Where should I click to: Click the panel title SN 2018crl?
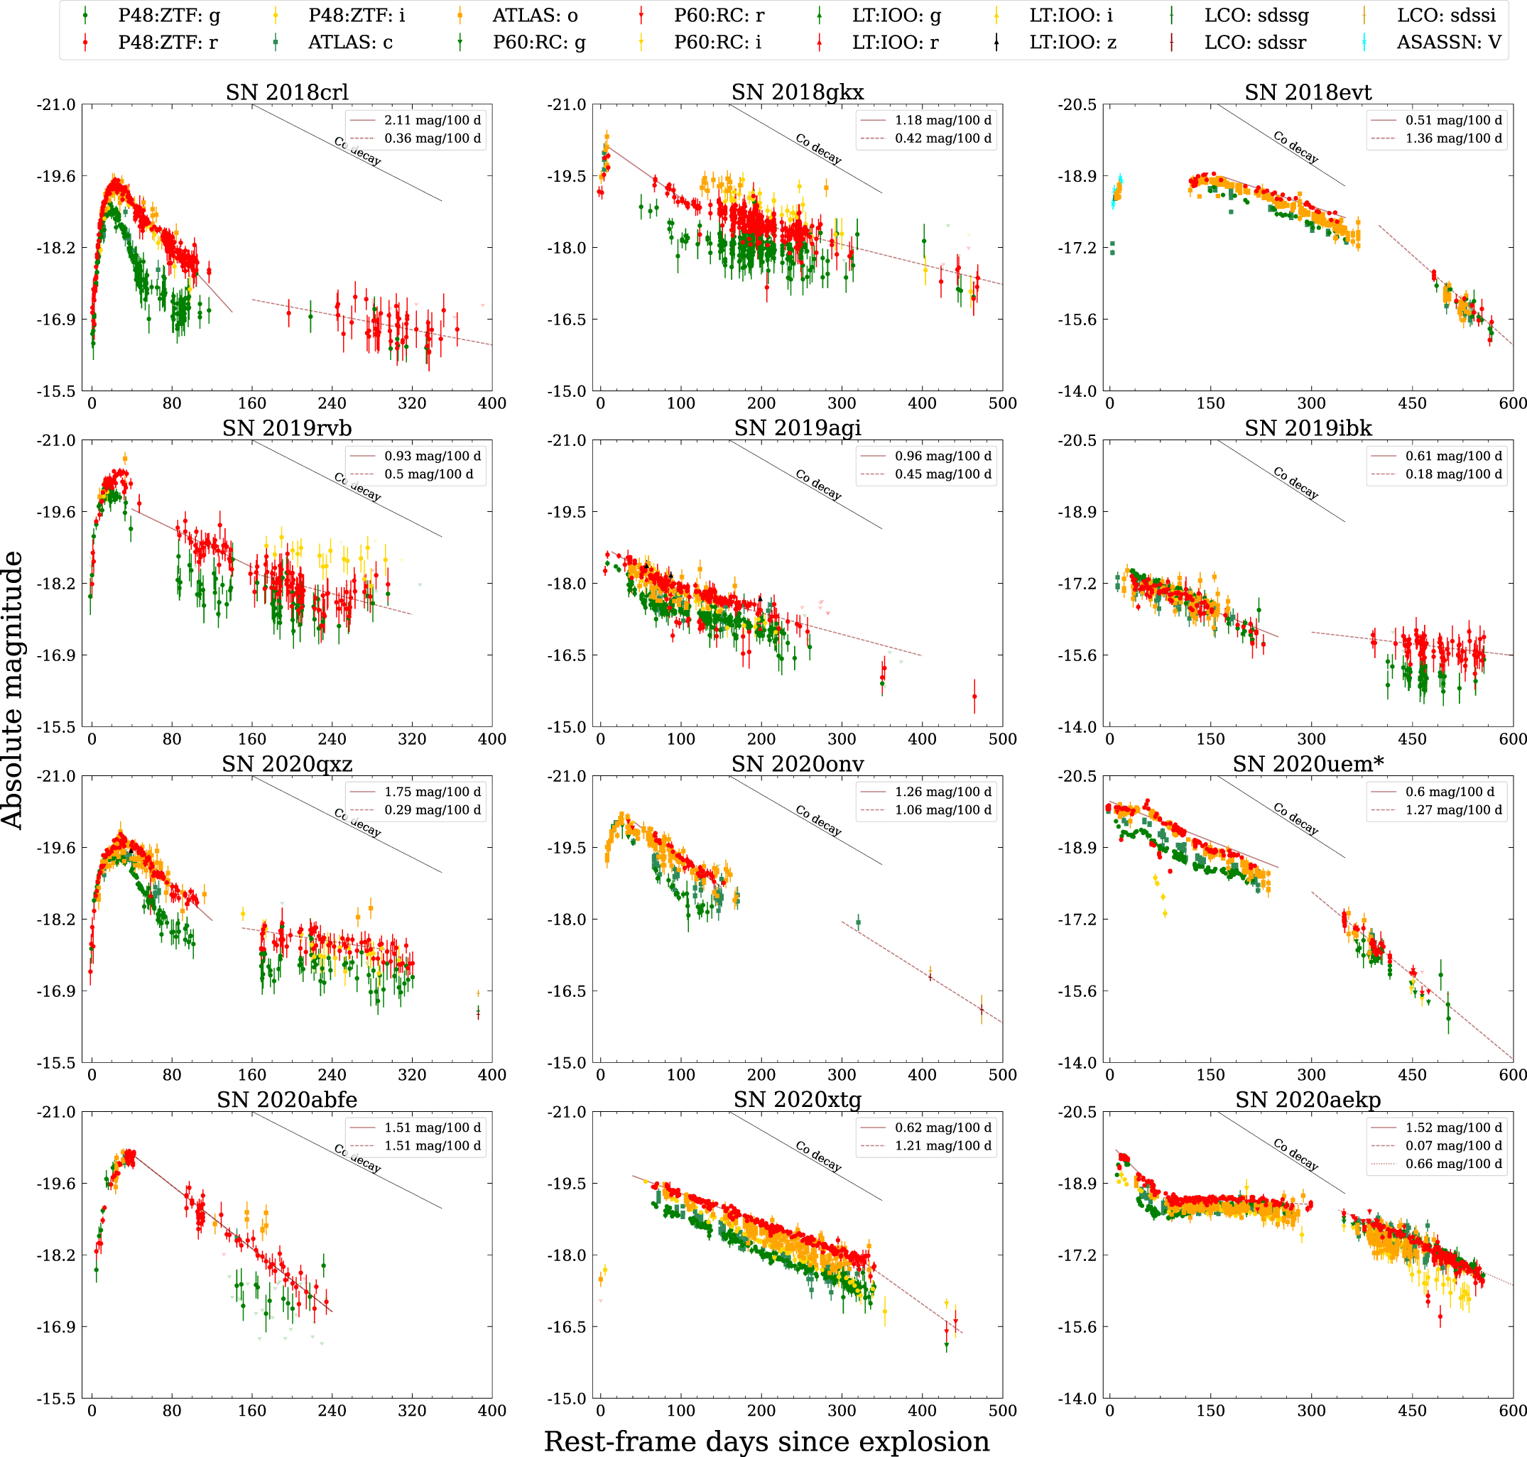click(x=287, y=92)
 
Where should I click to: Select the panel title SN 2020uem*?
click(x=1308, y=763)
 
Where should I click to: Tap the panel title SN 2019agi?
click(x=797, y=428)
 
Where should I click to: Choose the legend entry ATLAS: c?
click(x=350, y=43)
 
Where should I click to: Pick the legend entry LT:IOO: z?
click(x=1072, y=43)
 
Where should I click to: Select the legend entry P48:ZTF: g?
click(x=168, y=15)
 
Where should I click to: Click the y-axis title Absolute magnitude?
click(x=12, y=689)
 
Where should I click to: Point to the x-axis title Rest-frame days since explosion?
click(x=766, y=1441)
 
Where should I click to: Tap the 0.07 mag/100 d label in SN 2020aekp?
click(x=1453, y=1145)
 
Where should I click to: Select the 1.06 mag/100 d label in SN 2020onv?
click(x=943, y=810)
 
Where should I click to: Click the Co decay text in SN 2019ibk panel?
click(x=1295, y=483)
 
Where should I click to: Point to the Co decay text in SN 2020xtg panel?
click(x=818, y=1155)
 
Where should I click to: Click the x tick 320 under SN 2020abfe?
click(x=412, y=1410)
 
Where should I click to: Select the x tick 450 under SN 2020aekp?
click(x=1411, y=1410)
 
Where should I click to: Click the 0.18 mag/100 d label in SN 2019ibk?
click(x=1453, y=474)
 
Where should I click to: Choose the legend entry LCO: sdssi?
click(x=1445, y=15)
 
